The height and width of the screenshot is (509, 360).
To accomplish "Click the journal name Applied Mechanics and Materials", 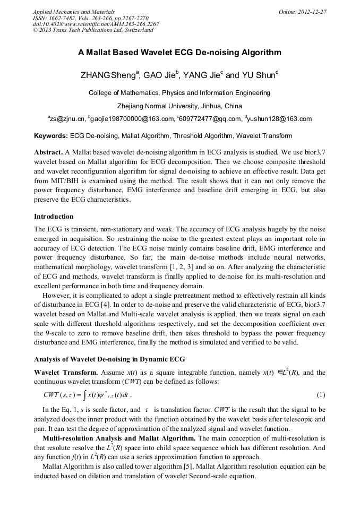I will (73, 12).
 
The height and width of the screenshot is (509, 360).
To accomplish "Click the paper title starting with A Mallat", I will (179, 53).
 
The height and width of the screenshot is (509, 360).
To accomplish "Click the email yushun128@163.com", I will (279, 119).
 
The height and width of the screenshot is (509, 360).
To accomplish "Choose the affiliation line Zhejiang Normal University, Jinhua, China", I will (179, 106).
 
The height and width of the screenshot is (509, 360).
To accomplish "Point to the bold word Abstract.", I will (49, 151).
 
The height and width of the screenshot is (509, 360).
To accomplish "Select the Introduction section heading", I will (54, 217).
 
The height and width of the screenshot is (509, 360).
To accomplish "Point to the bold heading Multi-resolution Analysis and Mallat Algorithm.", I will (119, 438).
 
